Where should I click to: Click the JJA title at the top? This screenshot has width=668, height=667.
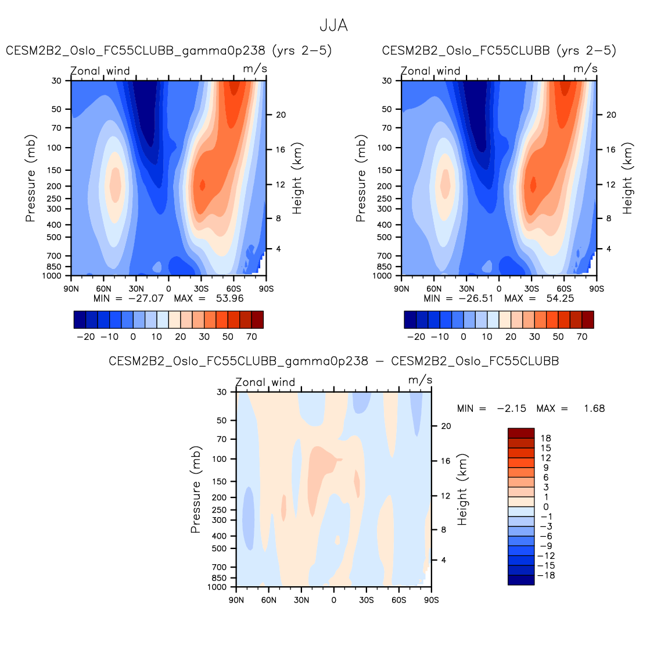coord(333,26)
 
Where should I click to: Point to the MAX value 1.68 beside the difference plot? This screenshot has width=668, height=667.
coord(594,408)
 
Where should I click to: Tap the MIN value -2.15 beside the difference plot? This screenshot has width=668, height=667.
coord(511,408)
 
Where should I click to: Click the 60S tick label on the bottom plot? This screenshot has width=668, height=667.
coord(398,600)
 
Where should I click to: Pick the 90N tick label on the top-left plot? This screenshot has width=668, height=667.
coord(71,288)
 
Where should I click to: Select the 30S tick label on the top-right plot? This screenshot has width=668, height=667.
coord(531,288)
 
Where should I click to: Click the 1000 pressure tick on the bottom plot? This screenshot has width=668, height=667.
coord(217,587)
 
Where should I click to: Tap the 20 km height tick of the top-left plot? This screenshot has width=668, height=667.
coord(281,115)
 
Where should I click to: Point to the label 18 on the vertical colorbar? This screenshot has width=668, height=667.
coord(545,438)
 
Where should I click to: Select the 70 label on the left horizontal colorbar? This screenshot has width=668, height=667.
coord(252,337)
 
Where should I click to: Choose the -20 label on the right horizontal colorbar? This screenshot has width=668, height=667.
coord(416,337)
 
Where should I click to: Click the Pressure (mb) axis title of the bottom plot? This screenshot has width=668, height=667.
coord(196,490)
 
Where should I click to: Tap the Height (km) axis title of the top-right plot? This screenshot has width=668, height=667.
coord(627,178)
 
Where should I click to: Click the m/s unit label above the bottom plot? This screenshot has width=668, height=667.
coord(420,380)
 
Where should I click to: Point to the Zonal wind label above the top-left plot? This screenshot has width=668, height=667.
coord(100,71)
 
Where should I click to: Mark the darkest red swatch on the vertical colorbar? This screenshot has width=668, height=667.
coord(520,433)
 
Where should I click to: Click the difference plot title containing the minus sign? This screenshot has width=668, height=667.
coord(333,361)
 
